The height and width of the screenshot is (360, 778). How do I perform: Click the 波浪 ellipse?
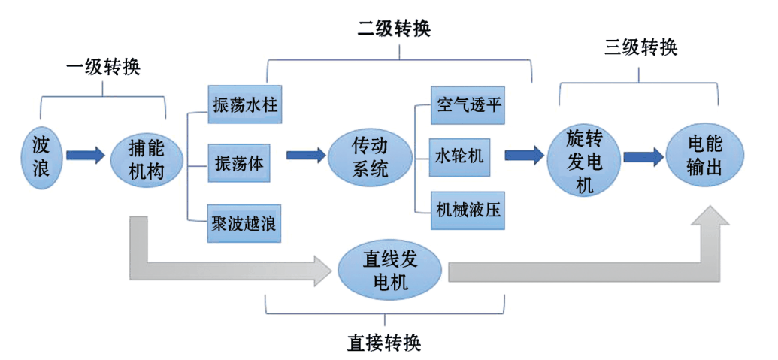[x=41, y=157]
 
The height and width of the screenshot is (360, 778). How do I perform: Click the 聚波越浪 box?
[x=244, y=222]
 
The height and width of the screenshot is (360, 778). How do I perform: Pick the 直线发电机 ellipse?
[x=390, y=271]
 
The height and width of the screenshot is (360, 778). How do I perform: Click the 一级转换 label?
[x=104, y=68]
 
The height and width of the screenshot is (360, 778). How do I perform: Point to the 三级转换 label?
[x=640, y=49]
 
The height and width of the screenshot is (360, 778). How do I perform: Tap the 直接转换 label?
[x=384, y=343]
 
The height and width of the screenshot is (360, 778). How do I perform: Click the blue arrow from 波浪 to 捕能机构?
[x=85, y=156]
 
